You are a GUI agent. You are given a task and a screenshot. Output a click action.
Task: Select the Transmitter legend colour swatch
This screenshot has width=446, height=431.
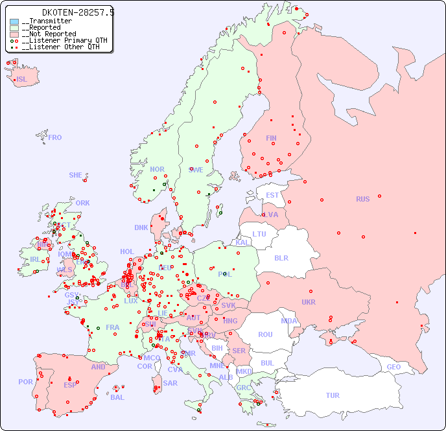(14, 21)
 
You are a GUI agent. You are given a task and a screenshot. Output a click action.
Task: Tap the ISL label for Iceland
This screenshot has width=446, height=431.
(21, 80)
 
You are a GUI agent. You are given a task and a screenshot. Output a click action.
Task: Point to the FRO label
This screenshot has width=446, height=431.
(55, 137)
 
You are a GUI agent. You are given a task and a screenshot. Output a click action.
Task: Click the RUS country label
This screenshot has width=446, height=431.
(362, 199)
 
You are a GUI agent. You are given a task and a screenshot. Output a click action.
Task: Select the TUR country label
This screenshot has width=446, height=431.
(333, 395)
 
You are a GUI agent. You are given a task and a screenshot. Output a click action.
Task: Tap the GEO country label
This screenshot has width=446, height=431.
(393, 367)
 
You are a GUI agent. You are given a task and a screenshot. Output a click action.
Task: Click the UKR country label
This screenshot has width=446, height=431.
(309, 302)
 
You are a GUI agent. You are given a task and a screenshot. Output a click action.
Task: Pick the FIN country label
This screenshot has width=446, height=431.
(271, 138)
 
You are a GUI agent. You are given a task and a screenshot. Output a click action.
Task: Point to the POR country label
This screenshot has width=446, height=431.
(25, 382)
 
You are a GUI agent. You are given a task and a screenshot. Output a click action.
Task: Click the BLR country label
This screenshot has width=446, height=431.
(281, 257)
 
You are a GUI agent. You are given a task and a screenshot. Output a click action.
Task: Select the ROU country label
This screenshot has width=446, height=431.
(265, 334)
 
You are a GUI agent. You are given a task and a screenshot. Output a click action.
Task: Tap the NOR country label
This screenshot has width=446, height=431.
(157, 169)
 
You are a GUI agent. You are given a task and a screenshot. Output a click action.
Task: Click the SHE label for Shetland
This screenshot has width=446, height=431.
(76, 175)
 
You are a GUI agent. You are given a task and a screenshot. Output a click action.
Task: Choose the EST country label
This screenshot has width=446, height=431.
(272, 195)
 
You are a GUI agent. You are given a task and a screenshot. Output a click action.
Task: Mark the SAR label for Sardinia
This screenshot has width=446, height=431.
(170, 383)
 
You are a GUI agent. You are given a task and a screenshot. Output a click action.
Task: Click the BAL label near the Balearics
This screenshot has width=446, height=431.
(117, 397)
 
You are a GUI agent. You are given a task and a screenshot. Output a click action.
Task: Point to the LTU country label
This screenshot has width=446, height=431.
(259, 234)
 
